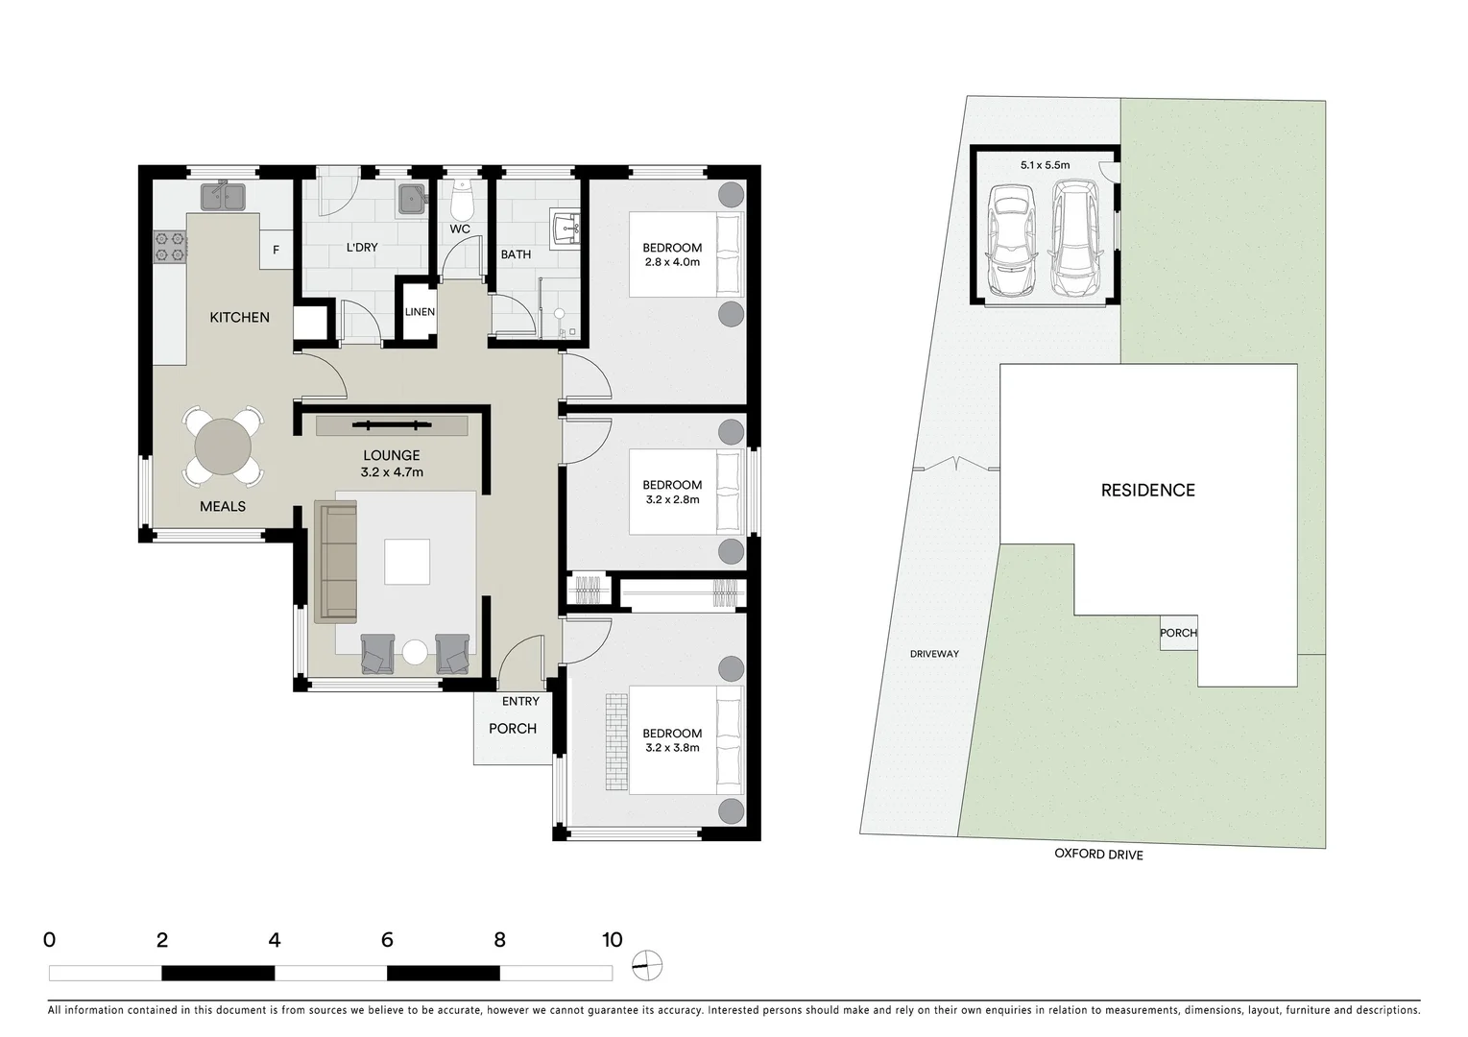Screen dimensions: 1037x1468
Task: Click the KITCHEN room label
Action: point(239,317)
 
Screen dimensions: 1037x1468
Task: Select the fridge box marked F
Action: point(277,251)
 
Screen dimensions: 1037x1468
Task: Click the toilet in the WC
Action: point(462,201)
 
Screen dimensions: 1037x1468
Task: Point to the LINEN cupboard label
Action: point(420,312)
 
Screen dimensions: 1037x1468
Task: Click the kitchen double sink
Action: point(224,197)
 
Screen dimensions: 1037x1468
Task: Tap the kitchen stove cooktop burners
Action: point(169,247)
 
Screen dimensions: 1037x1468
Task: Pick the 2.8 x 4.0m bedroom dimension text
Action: point(672,262)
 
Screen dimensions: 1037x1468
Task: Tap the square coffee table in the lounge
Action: point(407,562)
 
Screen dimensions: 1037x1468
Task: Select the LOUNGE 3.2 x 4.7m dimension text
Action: point(392,472)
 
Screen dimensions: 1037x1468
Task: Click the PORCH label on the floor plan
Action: point(513,729)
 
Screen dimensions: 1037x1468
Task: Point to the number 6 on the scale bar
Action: point(387,940)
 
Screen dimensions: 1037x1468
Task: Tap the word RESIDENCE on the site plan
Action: point(1147,491)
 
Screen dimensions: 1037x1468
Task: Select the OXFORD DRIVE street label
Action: point(1098,855)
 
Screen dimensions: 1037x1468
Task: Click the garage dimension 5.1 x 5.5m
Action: point(1045,165)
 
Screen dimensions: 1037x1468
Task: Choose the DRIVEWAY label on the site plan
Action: point(934,654)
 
